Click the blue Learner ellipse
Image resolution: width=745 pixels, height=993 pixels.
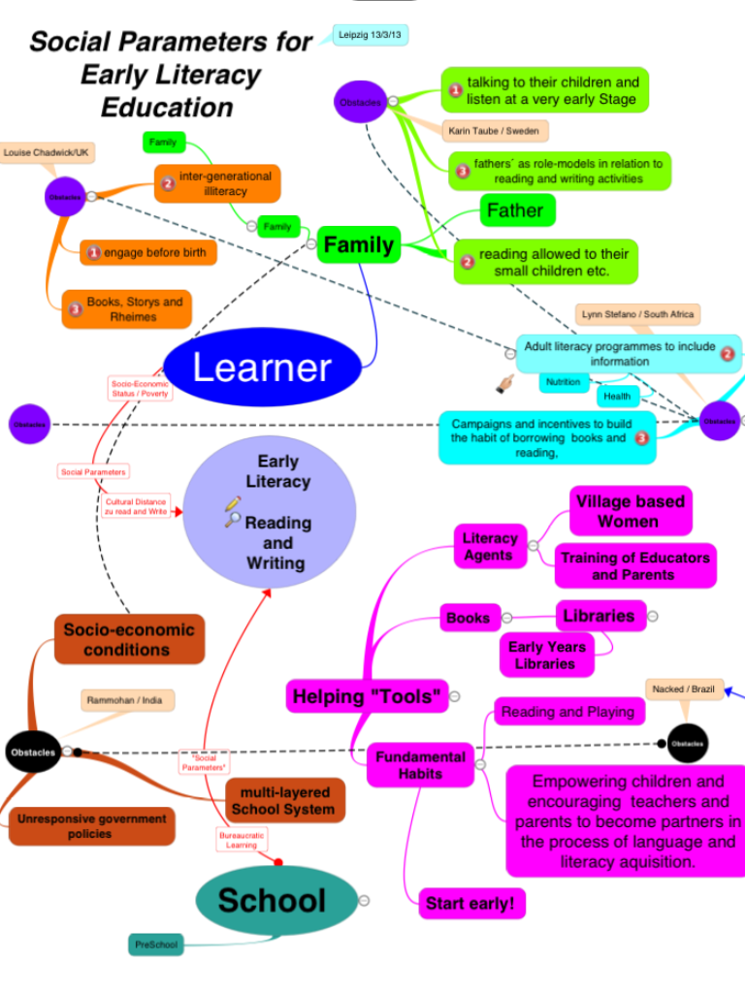tap(262, 368)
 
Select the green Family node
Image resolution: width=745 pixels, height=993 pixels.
tap(358, 245)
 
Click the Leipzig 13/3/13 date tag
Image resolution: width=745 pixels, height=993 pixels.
tap(370, 36)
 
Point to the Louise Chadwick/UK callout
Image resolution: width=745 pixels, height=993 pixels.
tap(47, 153)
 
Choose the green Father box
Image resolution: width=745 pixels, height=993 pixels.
tap(514, 210)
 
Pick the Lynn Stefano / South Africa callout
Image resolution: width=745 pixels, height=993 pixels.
tap(636, 315)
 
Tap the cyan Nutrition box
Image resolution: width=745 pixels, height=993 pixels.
tap(563, 382)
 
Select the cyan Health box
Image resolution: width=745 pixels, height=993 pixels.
tap(617, 396)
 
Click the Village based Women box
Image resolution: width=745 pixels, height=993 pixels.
tap(630, 511)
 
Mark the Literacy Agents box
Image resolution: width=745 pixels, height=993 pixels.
tap(489, 546)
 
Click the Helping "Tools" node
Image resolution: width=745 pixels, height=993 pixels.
tap(368, 696)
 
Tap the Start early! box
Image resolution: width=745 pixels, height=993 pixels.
tap(470, 904)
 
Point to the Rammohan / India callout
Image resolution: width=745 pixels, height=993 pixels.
tap(124, 700)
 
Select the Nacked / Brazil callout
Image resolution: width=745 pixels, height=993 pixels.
tap(682, 689)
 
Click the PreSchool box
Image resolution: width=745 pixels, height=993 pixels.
tap(156, 944)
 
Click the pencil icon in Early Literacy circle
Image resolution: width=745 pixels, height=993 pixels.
tap(232, 503)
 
